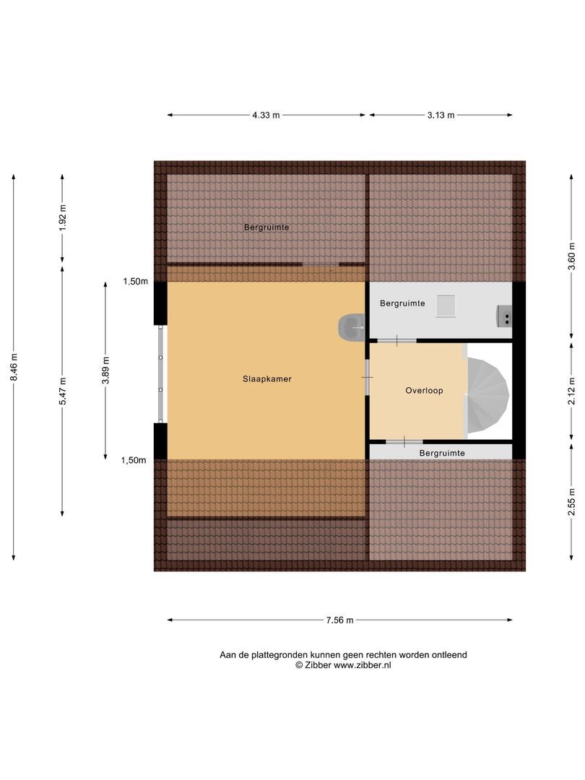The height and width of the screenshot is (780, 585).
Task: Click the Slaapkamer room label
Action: pos(267,378)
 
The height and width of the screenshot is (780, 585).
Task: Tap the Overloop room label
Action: pos(424,390)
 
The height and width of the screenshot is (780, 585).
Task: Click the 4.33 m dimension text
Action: pos(266,115)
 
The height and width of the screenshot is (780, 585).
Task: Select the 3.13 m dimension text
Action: pos(441,115)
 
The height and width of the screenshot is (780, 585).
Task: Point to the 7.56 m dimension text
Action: pos(339,620)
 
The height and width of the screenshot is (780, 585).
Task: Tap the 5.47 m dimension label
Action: pos(62,391)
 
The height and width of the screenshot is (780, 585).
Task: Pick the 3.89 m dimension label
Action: pos(105,371)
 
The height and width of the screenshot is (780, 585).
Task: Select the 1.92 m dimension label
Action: pos(62,218)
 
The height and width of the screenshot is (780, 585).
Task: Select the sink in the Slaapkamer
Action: pos(351,327)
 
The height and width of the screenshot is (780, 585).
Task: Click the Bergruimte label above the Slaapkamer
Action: pos(266,227)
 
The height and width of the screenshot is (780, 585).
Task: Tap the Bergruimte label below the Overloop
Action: pos(442,453)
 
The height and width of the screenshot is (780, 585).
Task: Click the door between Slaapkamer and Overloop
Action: pos(367,377)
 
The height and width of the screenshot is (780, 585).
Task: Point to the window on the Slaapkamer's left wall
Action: pos(160,373)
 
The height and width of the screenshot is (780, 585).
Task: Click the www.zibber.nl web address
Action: pos(362,665)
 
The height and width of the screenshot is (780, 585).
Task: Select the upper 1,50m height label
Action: pos(135,282)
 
